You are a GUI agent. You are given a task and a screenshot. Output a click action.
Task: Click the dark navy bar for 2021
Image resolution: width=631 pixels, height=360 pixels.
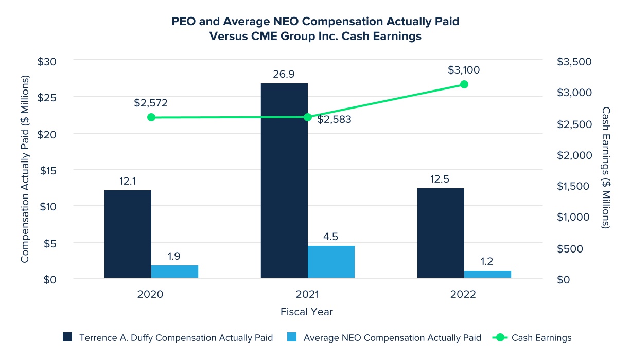284,180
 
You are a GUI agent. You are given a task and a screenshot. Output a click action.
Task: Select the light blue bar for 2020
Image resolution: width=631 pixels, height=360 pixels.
174,272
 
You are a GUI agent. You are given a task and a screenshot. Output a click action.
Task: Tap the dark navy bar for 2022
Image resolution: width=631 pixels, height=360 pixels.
441,233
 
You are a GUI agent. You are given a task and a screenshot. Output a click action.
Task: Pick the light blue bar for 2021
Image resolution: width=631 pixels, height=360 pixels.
331,262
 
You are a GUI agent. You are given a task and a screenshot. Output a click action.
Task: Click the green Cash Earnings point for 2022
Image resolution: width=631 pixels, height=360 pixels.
464,84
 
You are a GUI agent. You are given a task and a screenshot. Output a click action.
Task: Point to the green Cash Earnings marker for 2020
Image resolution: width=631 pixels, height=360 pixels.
151,117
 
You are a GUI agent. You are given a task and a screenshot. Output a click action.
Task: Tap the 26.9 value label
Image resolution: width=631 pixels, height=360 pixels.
284,75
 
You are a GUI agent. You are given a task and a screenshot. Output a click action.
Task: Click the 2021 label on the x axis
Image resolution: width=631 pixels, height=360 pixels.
307,295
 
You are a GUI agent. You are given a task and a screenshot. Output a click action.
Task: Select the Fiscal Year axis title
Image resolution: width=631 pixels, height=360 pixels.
307,312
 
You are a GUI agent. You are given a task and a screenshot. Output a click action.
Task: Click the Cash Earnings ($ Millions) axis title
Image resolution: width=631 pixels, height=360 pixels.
606,168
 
